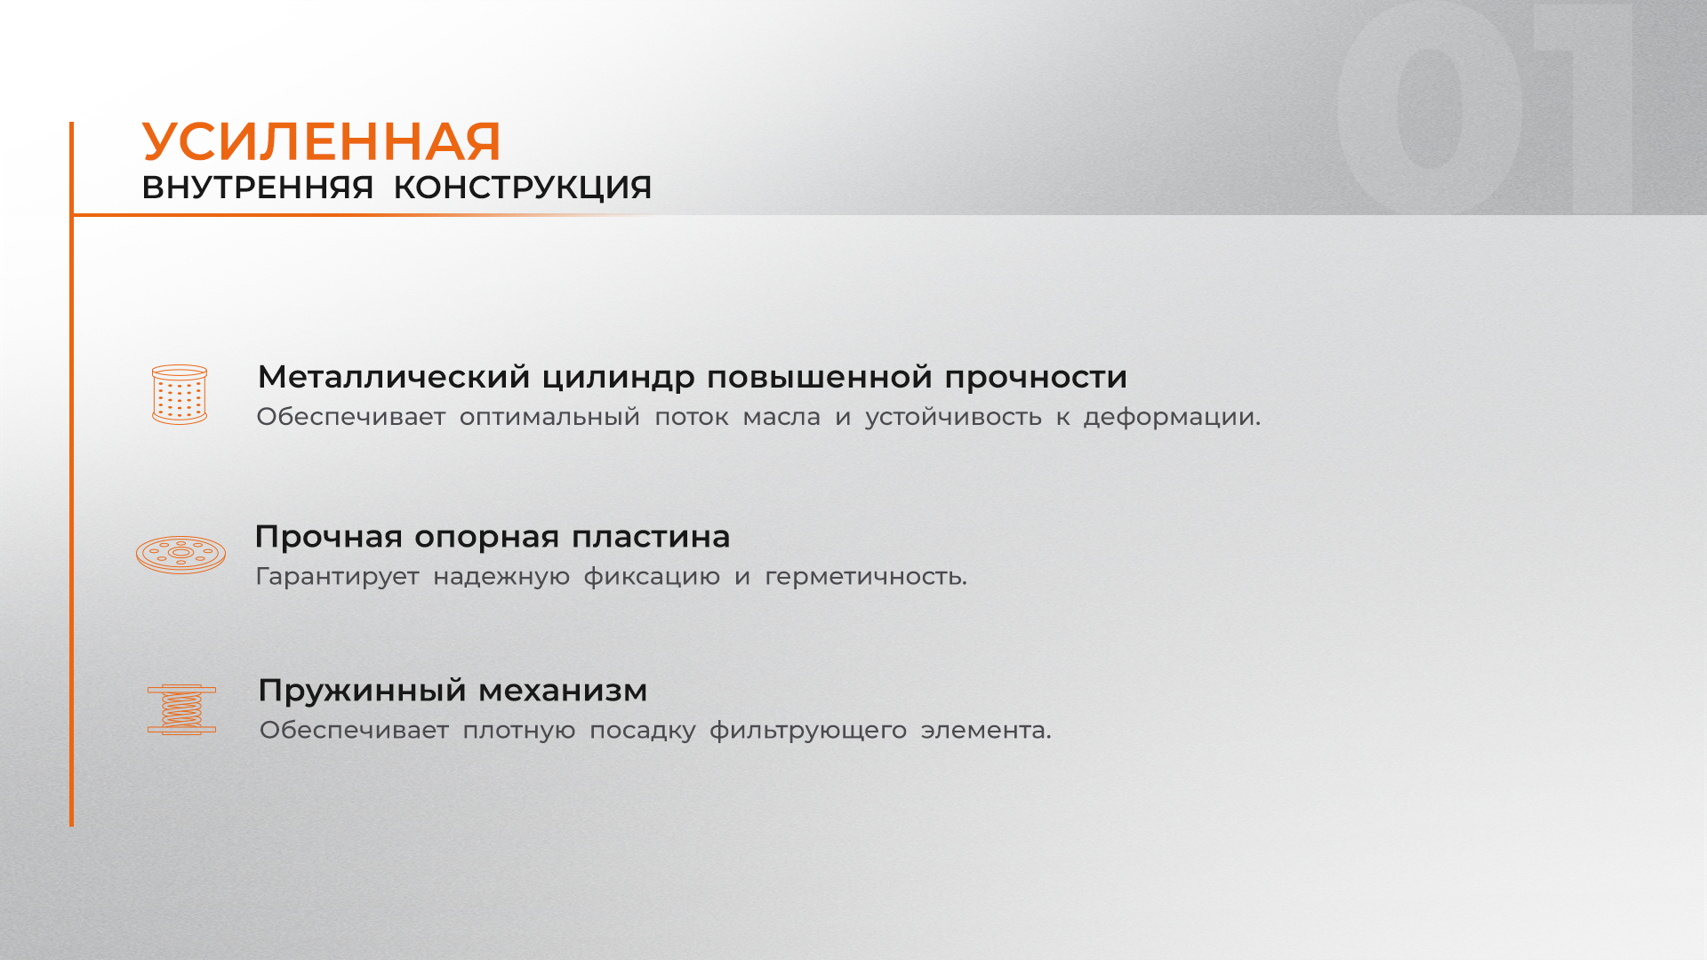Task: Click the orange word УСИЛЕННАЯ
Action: click(x=322, y=141)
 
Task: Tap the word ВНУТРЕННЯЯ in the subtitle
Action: click(x=258, y=188)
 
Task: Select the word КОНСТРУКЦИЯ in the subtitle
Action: click(x=523, y=188)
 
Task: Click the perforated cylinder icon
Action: click(x=180, y=395)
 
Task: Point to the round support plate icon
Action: click(x=180, y=555)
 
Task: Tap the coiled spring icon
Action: click(x=181, y=709)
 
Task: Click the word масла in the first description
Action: click(x=781, y=417)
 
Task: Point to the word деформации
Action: click(x=1172, y=417)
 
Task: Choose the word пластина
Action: click(x=651, y=537)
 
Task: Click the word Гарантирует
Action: click(x=337, y=577)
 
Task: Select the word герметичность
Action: click(x=866, y=577)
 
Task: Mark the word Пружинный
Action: click(x=362, y=691)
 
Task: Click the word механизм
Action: click(x=563, y=691)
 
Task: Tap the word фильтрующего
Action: click(x=808, y=731)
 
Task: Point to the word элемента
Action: click(x=986, y=731)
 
